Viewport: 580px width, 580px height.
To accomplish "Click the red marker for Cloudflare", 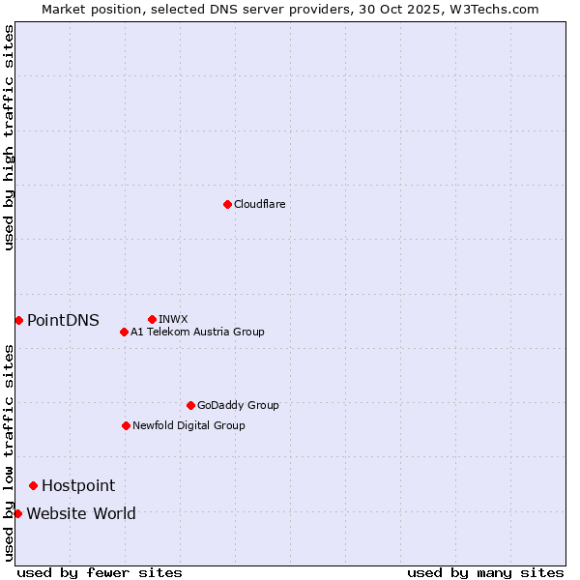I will (227, 204).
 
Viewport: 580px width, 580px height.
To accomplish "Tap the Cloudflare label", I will (259, 205).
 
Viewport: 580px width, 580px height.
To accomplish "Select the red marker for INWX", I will (152, 319).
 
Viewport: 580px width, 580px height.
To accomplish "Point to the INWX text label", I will (173, 319).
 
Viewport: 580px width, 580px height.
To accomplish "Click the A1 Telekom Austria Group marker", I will (124, 333).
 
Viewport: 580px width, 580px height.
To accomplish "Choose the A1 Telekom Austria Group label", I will (197, 333).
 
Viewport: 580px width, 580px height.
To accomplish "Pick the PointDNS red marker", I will (18, 320).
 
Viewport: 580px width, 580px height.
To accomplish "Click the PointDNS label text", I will (63, 321).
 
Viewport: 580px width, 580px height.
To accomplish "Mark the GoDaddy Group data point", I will (190, 405).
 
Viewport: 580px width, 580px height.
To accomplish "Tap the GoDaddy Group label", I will (238, 406).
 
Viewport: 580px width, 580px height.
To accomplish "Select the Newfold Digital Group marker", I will (126, 425).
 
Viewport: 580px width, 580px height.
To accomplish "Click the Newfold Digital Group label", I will (188, 426).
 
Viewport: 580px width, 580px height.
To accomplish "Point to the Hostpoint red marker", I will (33, 485).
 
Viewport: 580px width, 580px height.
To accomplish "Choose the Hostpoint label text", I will (78, 486).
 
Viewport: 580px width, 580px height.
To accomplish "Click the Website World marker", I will (17, 513).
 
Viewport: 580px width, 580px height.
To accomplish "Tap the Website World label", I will (81, 514).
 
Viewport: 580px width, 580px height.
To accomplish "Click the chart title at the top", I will (290, 9).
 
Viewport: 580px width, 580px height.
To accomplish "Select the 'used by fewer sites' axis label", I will (100, 573).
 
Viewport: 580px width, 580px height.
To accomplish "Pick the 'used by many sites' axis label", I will (485, 573).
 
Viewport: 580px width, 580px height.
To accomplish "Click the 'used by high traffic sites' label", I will (9, 137).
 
